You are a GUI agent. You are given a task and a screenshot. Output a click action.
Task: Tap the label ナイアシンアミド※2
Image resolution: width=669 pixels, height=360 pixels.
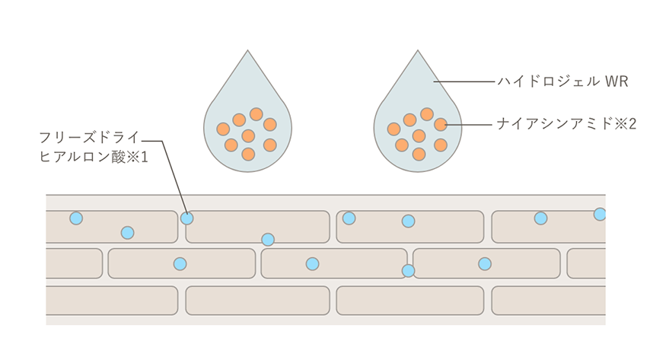565,123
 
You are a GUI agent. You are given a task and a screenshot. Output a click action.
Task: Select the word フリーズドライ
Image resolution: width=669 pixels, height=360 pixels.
89,138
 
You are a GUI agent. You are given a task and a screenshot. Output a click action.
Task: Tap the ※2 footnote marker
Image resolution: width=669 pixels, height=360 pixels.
626,123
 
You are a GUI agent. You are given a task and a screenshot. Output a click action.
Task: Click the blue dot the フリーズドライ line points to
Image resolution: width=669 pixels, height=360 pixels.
186,218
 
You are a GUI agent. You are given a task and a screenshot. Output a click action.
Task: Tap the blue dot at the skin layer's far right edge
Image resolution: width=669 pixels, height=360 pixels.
600,215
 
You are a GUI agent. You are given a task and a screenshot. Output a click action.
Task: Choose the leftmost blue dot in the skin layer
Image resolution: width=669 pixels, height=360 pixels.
75,218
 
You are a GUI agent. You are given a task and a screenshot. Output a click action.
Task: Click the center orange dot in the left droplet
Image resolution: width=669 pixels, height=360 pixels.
247,136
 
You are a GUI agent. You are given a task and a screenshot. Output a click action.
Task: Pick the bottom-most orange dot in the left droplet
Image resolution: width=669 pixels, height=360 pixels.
247,154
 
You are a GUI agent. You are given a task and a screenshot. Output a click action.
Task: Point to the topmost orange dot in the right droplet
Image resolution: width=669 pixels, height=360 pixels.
426,114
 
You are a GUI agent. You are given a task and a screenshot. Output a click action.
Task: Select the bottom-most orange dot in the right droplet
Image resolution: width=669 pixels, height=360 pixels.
418,154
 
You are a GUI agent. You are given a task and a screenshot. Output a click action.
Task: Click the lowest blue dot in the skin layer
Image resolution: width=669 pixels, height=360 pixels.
408,270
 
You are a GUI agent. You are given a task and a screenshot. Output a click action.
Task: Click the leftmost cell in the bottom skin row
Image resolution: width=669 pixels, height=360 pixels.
111,301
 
